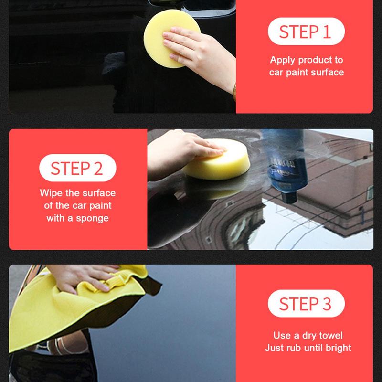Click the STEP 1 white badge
306,32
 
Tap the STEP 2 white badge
77,169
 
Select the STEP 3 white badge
306,304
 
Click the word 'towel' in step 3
331,336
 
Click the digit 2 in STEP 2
97,169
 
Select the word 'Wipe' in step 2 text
50,193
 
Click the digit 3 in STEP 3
326,304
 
